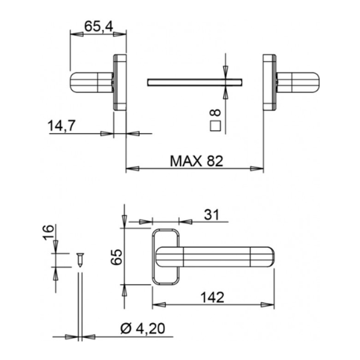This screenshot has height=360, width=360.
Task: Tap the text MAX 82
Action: pos(196,161)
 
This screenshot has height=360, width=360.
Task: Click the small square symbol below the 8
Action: pos(215,126)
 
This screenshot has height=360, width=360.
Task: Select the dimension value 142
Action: pos(212,296)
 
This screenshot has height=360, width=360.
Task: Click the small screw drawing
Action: pos(79,259)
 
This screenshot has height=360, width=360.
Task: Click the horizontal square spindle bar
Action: pos(195,81)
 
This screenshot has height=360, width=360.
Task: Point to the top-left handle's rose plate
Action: pos(120,82)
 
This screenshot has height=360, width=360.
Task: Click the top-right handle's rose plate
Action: pos(268,82)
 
